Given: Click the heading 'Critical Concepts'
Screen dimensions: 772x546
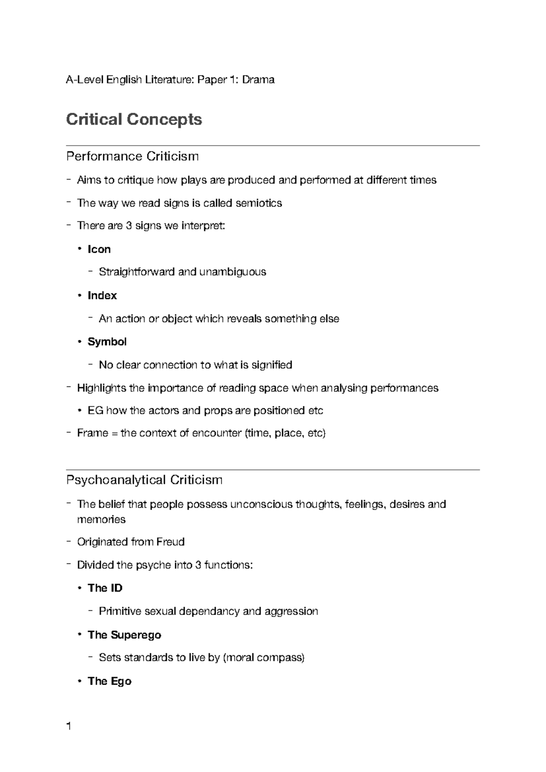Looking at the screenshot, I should [x=134, y=119].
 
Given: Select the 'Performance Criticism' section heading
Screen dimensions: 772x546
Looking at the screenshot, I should [x=132, y=157].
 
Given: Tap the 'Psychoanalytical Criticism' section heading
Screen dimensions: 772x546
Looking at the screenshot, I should [x=144, y=480].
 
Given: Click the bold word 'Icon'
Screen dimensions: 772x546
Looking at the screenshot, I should [x=99, y=249].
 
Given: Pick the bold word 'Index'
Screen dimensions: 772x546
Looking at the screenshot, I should [x=102, y=295].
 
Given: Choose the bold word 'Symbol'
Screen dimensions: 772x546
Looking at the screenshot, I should [x=107, y=342].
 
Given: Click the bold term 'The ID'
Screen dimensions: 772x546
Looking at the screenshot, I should [x=105, y=588].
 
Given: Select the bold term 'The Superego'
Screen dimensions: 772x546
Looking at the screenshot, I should [x=124, y=635].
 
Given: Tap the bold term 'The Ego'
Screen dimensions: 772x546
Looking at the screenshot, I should [x=110, y=681].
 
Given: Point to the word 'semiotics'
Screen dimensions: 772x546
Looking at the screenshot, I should [x=258, y=203].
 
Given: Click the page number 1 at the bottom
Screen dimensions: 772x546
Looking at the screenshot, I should [x=69, y=726].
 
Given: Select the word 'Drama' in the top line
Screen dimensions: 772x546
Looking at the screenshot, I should [x=258, y=80].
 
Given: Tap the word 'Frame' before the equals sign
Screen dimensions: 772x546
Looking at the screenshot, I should [x=92, y=433].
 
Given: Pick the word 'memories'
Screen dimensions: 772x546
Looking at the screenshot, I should [x=101, y=519].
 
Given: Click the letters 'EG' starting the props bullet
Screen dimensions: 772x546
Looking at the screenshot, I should [x=96, y=411].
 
